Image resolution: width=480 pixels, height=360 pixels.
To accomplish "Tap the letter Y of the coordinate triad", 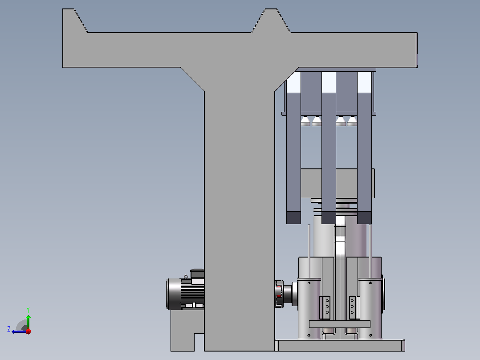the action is tap(28, 310).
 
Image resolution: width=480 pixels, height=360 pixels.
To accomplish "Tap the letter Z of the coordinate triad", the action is tap(9, 329).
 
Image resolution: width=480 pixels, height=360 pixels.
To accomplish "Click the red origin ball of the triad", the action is tap(28, 331).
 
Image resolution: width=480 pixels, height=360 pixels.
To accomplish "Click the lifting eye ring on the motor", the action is tap(186, 277).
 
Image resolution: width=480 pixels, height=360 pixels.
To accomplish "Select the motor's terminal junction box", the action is tap(197, 274).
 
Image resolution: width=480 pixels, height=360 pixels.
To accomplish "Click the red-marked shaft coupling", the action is tap(279, 294).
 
